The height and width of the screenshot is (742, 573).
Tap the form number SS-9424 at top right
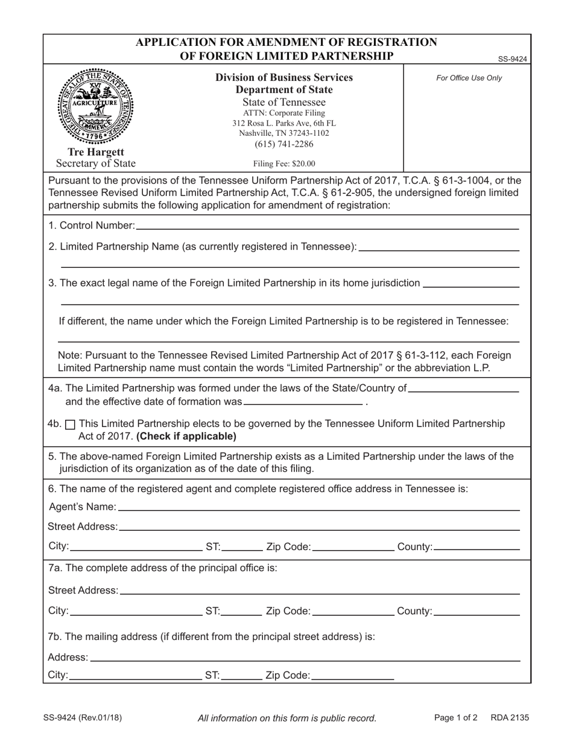512,59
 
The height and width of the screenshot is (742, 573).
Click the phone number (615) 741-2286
284,144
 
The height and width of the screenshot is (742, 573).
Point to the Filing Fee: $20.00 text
284,163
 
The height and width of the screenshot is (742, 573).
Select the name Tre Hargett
96,152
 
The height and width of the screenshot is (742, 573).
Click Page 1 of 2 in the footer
455,718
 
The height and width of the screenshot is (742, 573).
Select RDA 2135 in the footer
510,718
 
